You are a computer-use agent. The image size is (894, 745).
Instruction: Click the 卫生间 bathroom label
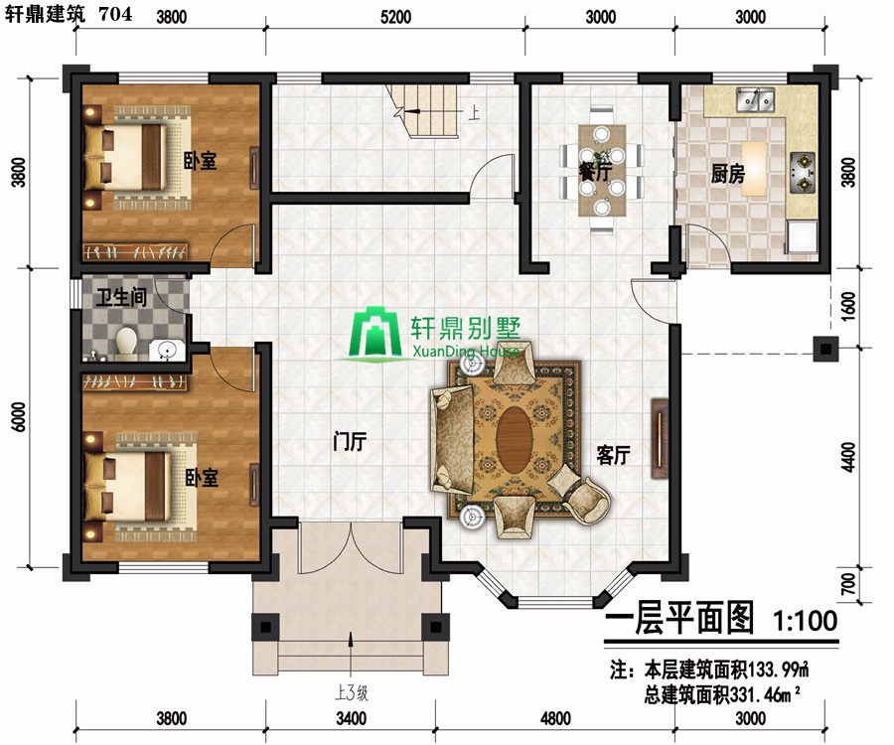(121, 296)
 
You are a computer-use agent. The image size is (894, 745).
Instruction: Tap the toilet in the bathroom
(125, 345)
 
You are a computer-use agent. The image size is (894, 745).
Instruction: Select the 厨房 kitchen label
(727, 173)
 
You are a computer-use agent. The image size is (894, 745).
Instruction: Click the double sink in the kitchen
(755, 99)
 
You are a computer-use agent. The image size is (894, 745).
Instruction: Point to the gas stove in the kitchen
(803, 172)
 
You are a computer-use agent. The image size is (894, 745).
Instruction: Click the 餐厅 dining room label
(595, 171)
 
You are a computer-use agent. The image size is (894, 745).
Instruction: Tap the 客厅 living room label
(613, 455)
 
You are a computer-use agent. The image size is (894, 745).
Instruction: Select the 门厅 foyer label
(350, 441)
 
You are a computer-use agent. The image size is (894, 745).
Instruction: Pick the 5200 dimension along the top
(395, 17)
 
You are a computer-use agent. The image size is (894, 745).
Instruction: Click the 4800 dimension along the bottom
(555, 718)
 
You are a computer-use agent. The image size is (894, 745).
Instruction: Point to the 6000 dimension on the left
(19, 416)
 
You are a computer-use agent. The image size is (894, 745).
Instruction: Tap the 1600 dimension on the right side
(848, 306)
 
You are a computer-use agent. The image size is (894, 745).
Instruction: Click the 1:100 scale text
(805, 620)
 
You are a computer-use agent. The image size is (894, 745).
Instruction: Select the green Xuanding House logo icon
(375, 335)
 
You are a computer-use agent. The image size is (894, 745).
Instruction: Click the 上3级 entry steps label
(352, 692)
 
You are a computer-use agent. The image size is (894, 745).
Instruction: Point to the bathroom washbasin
(167, 350)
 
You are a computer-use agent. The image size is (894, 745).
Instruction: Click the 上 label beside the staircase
(474, 111)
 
